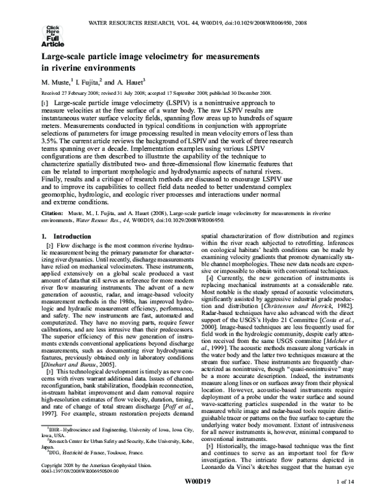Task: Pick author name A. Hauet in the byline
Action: point(147,82)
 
